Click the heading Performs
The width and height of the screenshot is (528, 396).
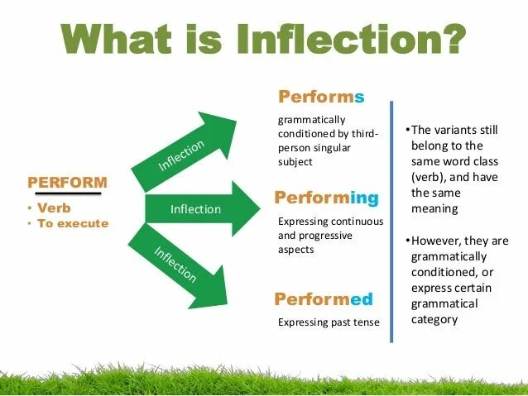(320, 98)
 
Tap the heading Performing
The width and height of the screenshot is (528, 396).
(326, 198)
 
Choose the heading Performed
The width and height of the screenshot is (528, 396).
(324, 299)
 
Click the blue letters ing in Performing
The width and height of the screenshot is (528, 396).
(364, 198)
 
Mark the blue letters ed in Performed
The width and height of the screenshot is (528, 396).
(362, 299)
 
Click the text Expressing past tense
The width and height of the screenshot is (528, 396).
(328, 322)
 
